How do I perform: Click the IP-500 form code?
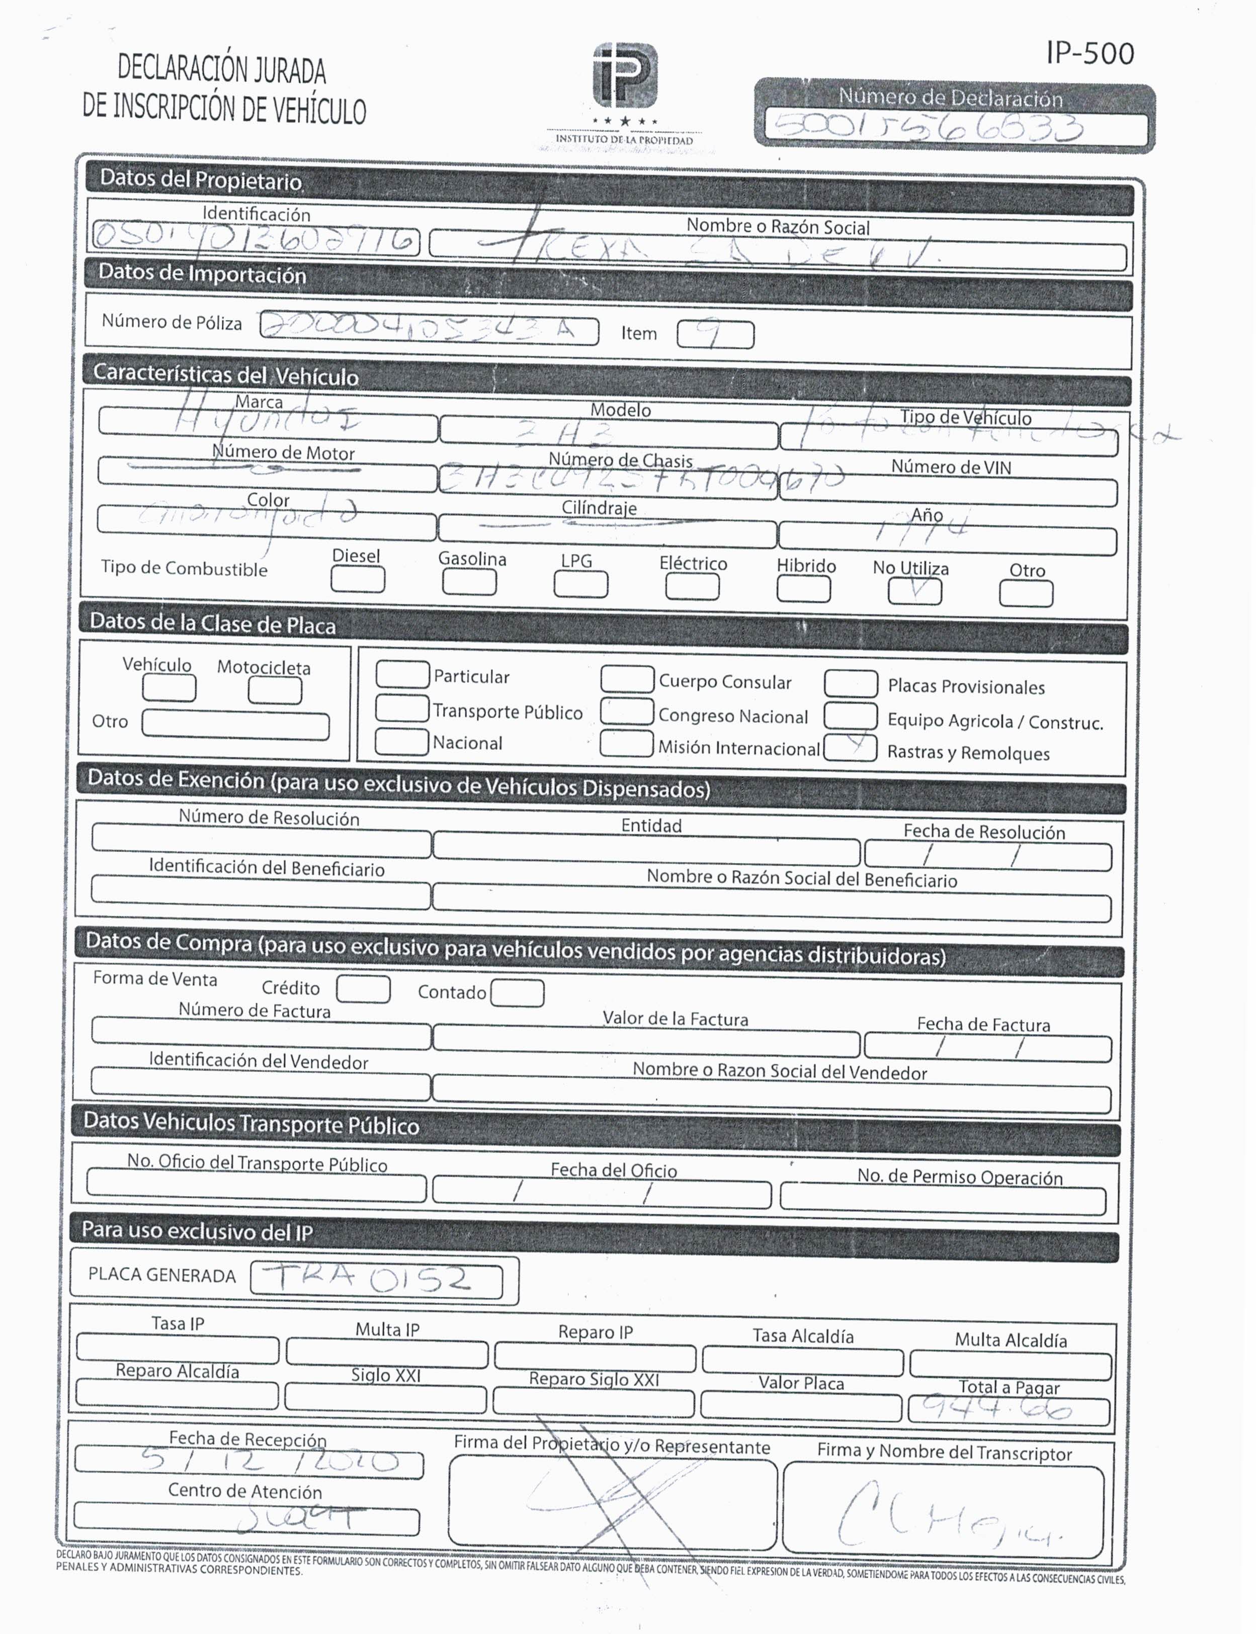(1090, 53)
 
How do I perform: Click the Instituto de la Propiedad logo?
(625, 75)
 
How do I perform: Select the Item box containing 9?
(715, 334)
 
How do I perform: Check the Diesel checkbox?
(357, 580)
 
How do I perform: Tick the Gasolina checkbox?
(469, 582)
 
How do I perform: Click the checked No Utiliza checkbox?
(914, 591)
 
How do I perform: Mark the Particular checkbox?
(402, 674)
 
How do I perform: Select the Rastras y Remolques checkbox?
(850, 748)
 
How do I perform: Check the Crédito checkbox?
(363, 989)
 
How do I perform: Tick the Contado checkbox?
(518, 993)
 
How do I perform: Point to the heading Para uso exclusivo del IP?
(197, 1231)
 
